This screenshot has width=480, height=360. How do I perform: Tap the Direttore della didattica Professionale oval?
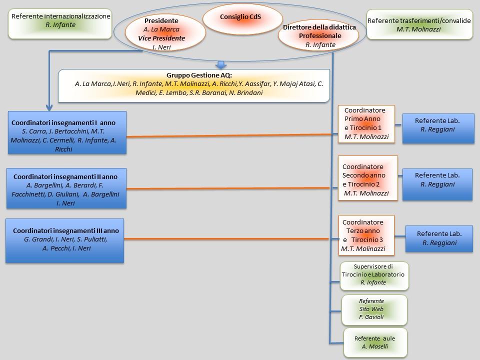(x=319, y=34)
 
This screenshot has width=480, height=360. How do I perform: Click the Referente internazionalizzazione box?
(x=60, y=24)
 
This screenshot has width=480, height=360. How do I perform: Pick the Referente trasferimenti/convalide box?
(x=419, y=24)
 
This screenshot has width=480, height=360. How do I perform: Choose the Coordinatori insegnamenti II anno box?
(x=66, y=188)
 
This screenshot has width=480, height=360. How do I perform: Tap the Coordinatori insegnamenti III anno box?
(x=65, y=240)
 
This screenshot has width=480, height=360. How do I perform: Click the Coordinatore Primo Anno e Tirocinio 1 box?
(x=366, y=123)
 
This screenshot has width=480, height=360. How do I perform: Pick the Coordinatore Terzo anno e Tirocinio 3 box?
(x=366, y=235)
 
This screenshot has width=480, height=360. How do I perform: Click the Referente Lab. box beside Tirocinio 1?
(x=438, y=129)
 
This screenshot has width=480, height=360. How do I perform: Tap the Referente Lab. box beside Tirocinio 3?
(x=439, y=238)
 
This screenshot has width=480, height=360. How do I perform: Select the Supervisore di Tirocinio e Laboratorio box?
(x=374, y=276)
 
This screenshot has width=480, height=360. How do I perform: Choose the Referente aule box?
(x=375, y=342)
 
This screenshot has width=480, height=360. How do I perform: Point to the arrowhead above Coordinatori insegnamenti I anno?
(x=49, y=106)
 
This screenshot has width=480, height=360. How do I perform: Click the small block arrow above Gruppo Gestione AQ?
(x=220, y=65)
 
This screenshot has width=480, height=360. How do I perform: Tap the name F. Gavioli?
(x=371, y=317)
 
